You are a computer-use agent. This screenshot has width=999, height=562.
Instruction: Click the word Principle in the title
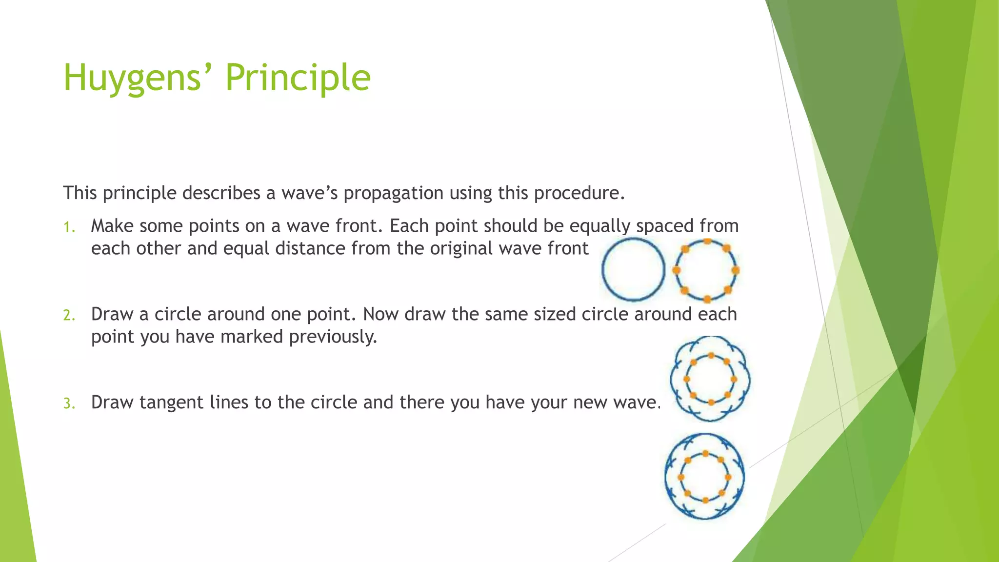pyautogui.click(x=298, y=78)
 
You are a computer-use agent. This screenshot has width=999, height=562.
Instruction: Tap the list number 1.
pyautogui.click(x=69, y=227)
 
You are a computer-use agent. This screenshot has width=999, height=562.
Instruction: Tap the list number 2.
pyautogui.click(x=69, y=316)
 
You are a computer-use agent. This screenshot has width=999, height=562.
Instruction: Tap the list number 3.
pyautogui.click(x=69, y=404)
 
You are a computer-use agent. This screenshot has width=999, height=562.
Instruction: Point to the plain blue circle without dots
pyautogui.click(x=633, y=269)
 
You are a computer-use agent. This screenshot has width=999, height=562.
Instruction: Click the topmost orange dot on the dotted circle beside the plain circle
pyautogui.click(x=707, y=241)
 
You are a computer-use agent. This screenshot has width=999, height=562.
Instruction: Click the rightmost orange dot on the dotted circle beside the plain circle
pyautogui.click(x=736, y=270)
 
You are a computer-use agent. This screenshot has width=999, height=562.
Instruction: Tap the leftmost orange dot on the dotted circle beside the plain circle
pyautogui.click(x=677, y=270)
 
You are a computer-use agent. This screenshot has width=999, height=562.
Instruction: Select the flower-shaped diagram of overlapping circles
pyautogui.click(x=710, y=379)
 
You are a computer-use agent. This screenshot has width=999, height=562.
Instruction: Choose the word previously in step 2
pyautogui.click(x=333, y=337)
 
